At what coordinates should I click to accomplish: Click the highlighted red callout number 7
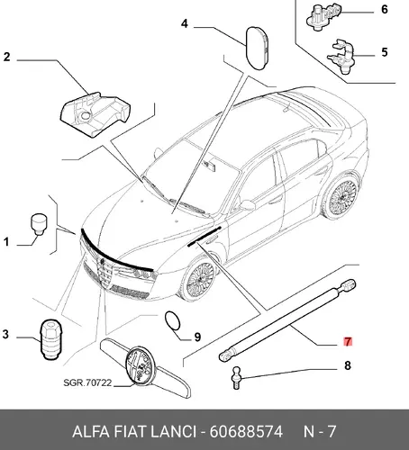(348, 342)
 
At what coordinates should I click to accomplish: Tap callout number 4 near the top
(185, 23)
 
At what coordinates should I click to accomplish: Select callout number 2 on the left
(6, 57)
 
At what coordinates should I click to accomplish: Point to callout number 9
(197, 337)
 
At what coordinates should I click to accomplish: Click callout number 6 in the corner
(385, 9)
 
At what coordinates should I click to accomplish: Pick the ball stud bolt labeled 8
(237, 377)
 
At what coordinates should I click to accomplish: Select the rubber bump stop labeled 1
(39, 224)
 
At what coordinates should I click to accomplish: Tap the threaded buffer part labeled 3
(50, 339)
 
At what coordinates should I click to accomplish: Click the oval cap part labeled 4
(257, 49)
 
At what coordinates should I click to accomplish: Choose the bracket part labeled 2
(95, 114)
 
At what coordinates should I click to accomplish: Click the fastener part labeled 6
(323, 16)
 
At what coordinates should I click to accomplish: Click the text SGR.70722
(87, 382)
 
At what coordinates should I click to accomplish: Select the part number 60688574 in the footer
(246, 432)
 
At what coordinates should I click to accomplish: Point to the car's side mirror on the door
(247, 205)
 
